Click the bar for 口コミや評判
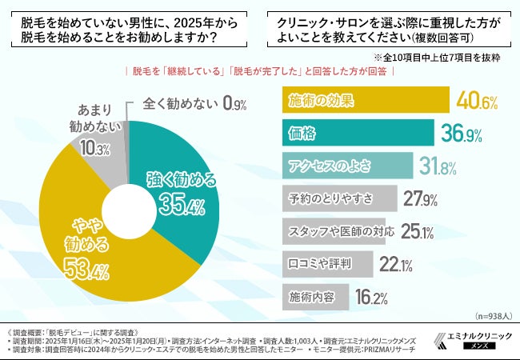pos(328,263)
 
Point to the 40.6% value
pos(477,102)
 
